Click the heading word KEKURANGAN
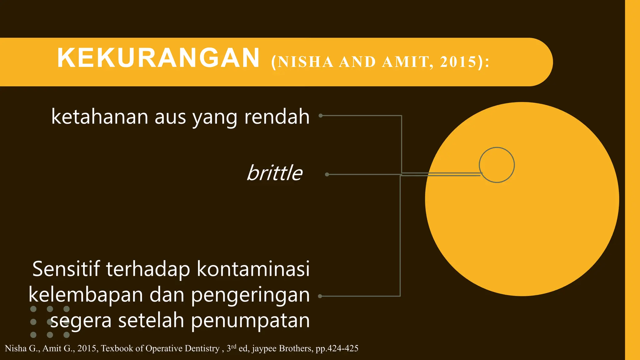[x=158, y=58]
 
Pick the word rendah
[x=277, y=117]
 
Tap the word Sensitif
[x=66, y=269]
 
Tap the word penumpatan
[x=250, y=321]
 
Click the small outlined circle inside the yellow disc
[x=497, y=165]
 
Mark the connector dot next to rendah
[x=321, y=116]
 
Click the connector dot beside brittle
[x=327, y=174]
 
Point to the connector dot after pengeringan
[x=320, y=296]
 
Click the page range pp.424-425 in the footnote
[x=337, y=348]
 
